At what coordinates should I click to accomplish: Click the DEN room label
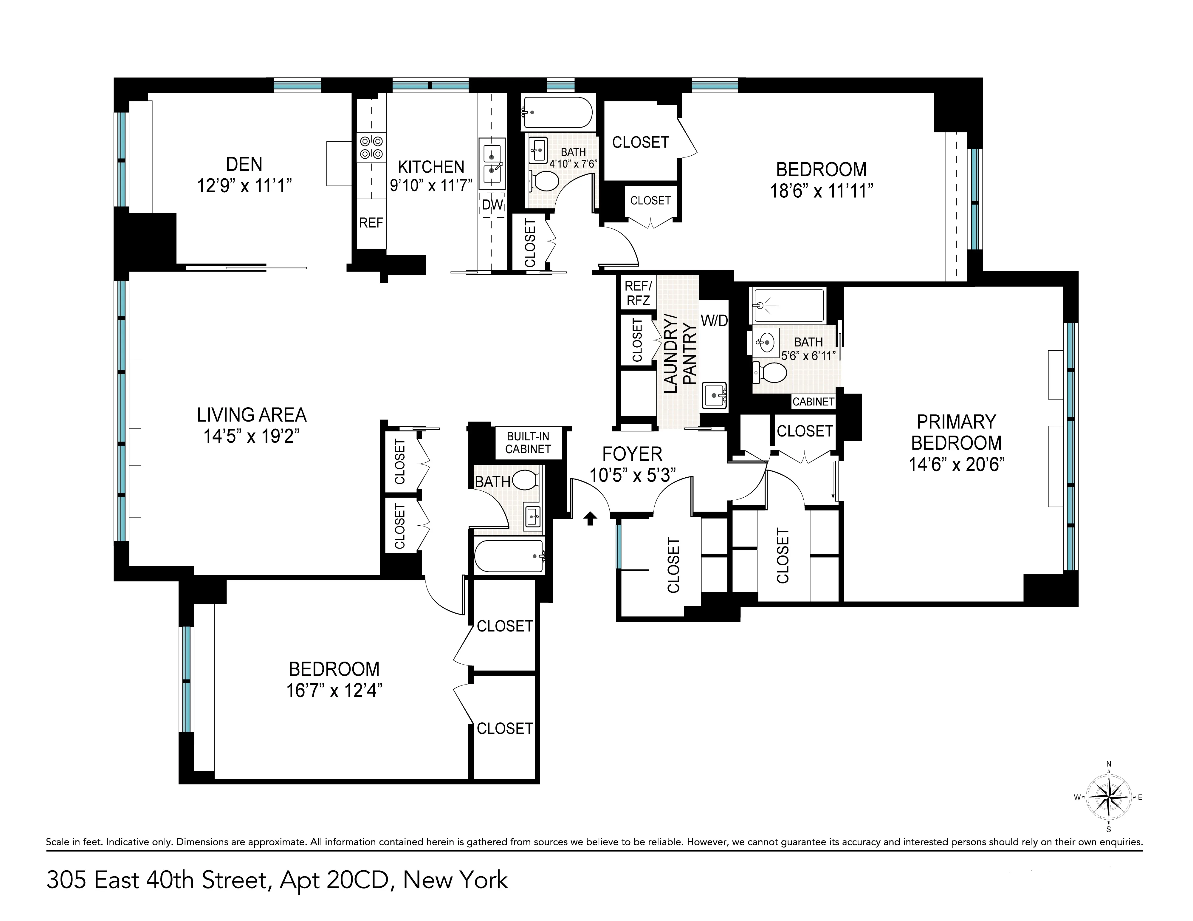click(244, 164)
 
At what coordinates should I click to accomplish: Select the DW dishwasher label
click(492, 205)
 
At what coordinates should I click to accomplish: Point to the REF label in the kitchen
click(371, 223)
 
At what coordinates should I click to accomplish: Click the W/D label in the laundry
click(714, 321)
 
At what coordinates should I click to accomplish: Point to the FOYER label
click(632, 454)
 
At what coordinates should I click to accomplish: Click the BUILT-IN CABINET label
click(528, 442)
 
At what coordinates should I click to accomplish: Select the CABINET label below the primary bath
click(813, 402)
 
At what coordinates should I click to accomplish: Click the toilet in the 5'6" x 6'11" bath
click(771, 373)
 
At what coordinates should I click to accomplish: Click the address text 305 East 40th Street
click(158, 880)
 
